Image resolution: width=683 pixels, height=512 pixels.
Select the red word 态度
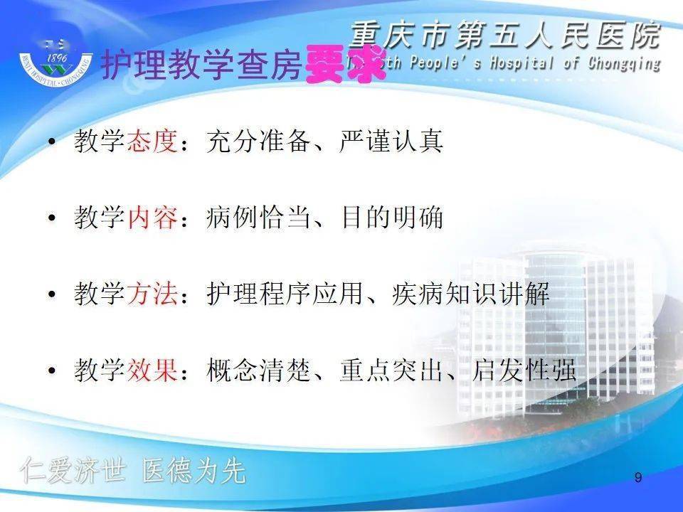pos(152,142)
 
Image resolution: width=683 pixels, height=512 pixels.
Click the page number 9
pos(637,478)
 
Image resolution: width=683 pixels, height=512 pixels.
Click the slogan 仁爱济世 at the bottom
pos(73,471)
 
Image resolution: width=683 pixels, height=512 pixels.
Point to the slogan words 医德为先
pos(194,471)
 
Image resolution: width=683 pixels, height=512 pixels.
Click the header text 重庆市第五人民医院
pos(505,36)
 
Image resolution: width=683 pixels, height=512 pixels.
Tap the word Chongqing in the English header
pos(623,63)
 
